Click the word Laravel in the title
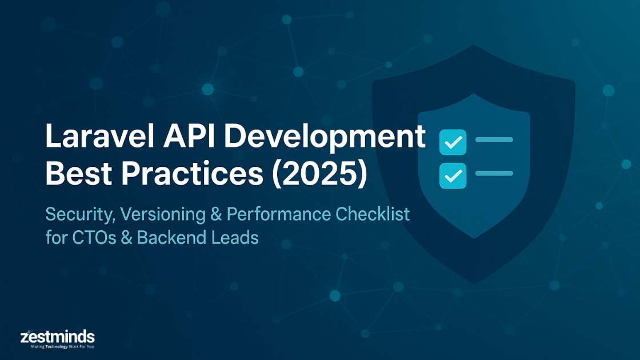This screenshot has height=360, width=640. (100, 135)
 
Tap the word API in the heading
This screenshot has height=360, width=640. (189, 135)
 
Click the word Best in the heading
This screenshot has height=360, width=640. (78, 173)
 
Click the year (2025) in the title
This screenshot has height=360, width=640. (320, 174)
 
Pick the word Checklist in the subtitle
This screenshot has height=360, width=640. (373, 214)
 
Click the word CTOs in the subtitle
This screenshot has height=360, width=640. (94, 238)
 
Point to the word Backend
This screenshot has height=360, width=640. (171, 238)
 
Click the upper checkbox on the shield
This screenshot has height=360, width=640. (453, 142)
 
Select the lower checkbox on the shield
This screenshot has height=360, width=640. (453, 176)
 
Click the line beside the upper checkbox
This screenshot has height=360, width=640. (494, 139)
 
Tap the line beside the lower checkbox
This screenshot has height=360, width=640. (494, 174)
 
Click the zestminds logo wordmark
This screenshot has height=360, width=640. (58, 337)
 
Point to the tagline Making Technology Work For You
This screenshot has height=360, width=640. (62, 347)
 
